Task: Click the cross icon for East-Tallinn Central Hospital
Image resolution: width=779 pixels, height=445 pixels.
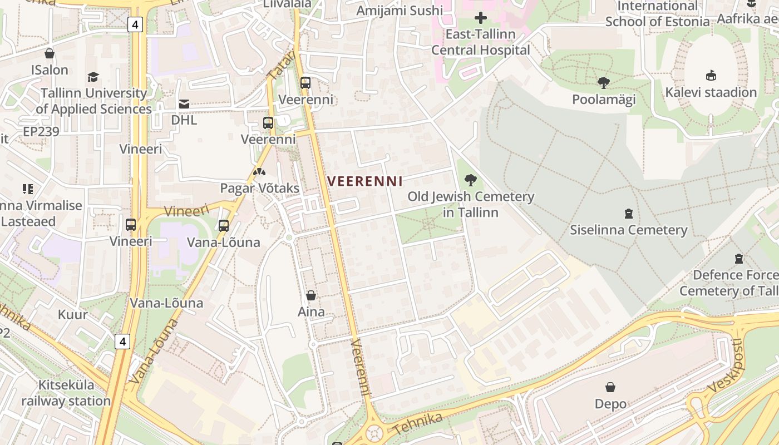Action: pyautogui.click(x=481, y=18)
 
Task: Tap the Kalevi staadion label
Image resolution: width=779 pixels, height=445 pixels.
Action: pyautogui.click(x=711, y=92)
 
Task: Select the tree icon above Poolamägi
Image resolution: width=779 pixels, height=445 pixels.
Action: pyautogui.click(x=604, y=83)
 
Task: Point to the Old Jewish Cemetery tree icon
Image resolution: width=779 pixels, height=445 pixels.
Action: pyautogui.click(x=471, y=180)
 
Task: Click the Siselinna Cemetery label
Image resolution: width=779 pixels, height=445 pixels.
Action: pyautogui.click(x=628, y=230)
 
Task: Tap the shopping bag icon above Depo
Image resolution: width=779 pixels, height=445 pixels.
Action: pyautogui.click(x=610, y=387)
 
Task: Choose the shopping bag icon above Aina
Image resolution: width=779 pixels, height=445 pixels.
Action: pyautogui.click(x=311, y=295)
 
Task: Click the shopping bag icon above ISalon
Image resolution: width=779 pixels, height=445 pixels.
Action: pyautogui.click(x=50, y=53)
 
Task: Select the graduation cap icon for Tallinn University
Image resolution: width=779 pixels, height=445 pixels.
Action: pyautogui.click(x=93, y=77)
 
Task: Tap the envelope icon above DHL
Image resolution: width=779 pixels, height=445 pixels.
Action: pyautogui.click(x=184, y=103)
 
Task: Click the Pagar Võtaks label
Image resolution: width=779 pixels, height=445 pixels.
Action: pyautogui.click(x=259, y=188)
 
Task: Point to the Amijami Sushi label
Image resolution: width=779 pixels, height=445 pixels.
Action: pyautogui.click(x=400, y=11)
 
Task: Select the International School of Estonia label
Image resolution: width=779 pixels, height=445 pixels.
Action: pyautogui.click(x=657, y=14)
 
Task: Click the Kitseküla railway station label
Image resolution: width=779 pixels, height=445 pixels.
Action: pyautogui.click(x=66, y=393)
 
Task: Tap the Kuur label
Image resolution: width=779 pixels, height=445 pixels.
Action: pyautogui.click(x=73, y=314)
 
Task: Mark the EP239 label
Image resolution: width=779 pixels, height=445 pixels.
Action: pyautogui.click(x=41, y=132)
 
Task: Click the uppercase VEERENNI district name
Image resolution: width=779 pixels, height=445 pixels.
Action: pyautogui.click(x=365, y=181)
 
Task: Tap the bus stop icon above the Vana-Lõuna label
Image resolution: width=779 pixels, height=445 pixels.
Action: pyautogui.click(x=224, y=226)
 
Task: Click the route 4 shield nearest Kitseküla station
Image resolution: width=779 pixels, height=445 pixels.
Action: pyautogui.click(x=122, y=341)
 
